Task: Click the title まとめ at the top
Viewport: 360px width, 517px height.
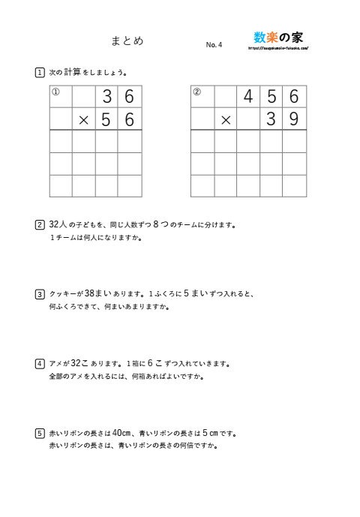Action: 127,41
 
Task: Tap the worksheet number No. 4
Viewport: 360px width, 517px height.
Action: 214,45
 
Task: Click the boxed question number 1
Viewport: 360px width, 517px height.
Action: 39,73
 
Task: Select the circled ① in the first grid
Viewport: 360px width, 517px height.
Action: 55,92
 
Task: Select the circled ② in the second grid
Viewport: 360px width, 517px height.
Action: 197,92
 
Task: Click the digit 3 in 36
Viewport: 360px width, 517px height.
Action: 107,97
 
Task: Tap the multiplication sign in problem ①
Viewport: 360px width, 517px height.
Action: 84,119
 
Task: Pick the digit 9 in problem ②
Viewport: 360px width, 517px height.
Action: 294,119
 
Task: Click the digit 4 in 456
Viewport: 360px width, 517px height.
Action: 248,97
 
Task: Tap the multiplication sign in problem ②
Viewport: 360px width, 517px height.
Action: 225,119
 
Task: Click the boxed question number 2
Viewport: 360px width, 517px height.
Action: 39,224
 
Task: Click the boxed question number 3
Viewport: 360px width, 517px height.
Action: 39,294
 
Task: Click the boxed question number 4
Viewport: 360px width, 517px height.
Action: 39,364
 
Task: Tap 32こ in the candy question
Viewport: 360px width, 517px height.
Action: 80,364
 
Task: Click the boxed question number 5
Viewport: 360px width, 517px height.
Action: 39,433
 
